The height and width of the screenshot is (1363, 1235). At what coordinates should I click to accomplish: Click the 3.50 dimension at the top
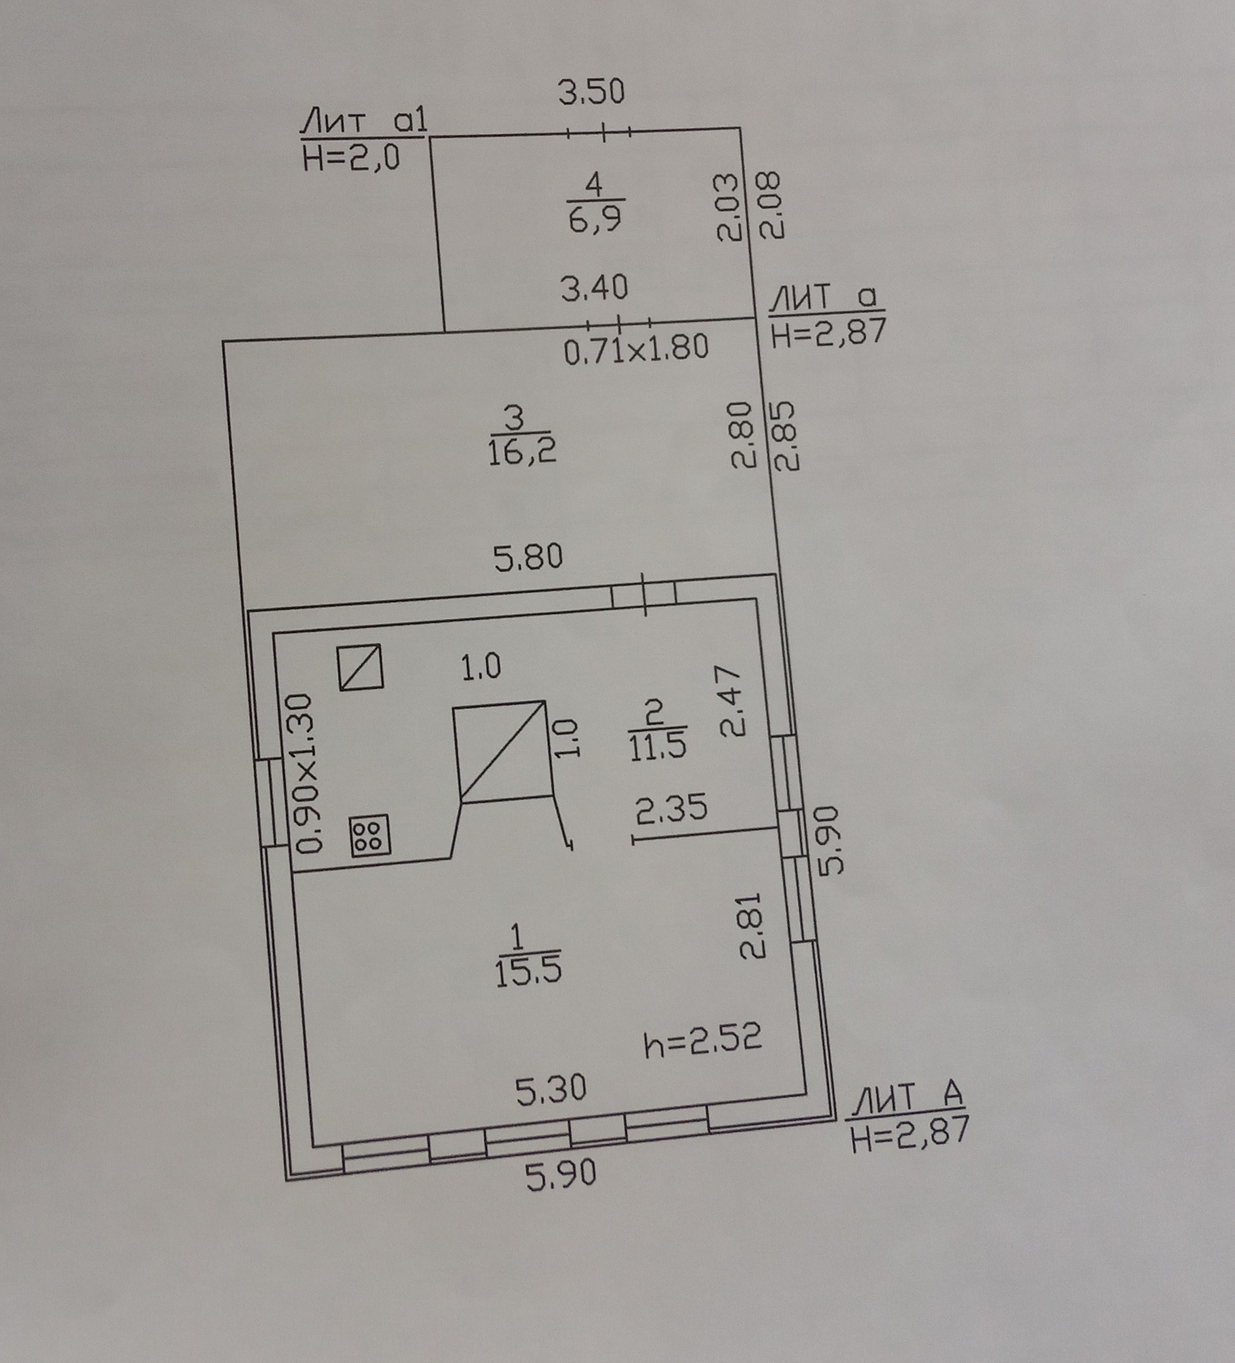(x=591, y=92)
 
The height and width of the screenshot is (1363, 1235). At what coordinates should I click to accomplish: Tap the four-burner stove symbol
(x=370, y=836)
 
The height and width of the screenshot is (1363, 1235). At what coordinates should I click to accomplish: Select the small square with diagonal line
(x=360, y=667)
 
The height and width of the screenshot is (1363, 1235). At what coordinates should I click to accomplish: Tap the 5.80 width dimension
(x=528, y=558)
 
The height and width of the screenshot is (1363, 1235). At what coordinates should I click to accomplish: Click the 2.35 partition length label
(x=672, y=809)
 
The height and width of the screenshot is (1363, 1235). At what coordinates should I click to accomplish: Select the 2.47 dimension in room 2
(x=732, y=700)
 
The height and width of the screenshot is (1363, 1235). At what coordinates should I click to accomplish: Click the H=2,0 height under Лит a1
(x=351, y=159)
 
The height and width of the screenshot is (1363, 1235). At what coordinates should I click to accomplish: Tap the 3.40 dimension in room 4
(x=594, y=288)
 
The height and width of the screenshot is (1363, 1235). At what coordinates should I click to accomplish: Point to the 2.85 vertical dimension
(x=786, y=435)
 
